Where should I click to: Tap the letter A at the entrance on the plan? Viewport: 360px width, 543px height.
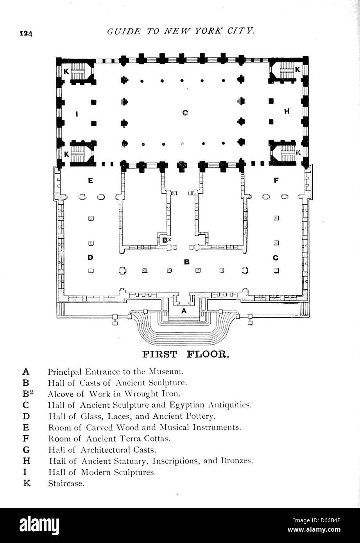(184, 311)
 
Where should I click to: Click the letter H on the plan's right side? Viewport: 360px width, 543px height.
(287, 111)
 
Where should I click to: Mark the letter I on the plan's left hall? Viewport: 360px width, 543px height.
(77, 114)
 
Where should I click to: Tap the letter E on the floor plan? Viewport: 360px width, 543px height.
(90, 181)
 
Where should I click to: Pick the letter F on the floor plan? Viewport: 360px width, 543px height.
(276, 181)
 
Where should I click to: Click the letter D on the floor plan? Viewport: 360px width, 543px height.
(90, 257)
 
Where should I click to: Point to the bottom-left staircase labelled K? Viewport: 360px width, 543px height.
(78, 153)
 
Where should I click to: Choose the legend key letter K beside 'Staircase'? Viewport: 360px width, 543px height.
(27, 483)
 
